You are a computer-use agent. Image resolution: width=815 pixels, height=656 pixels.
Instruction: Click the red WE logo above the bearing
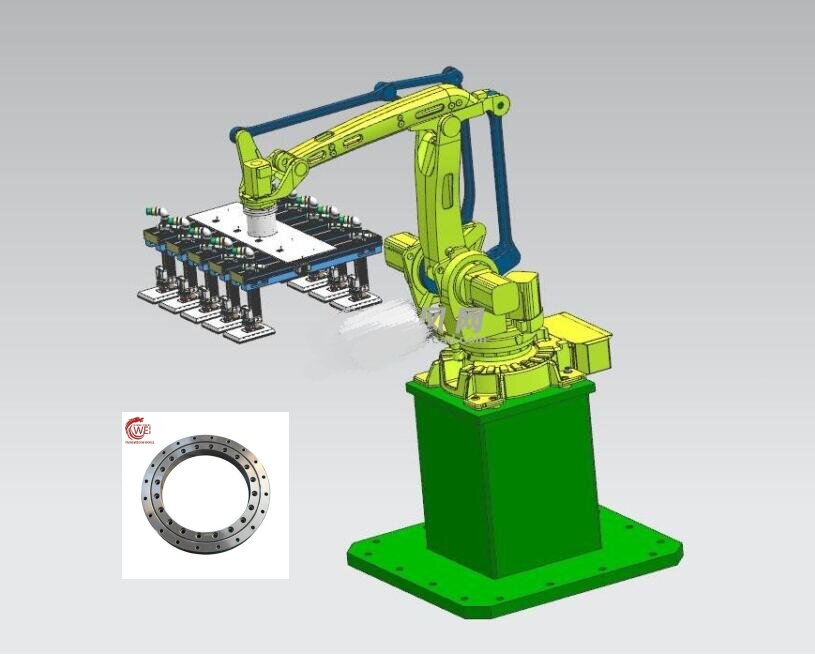point(137,429)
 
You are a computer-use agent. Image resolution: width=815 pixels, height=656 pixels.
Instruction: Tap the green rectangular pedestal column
point(500,470)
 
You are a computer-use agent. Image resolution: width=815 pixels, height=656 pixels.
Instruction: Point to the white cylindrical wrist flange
point(261,219)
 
